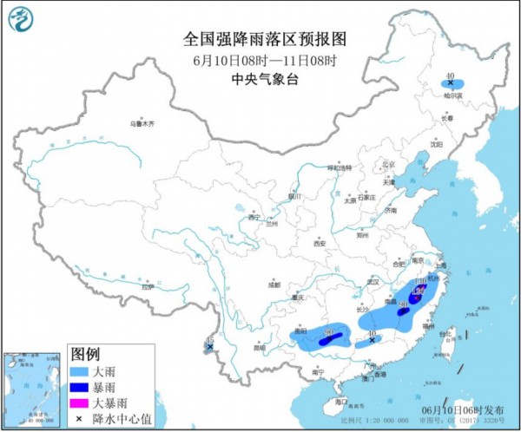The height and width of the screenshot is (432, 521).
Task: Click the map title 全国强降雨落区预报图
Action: pyautogui.click(x=266, y=39)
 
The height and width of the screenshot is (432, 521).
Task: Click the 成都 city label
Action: pyautogui.click(x=274, y=283)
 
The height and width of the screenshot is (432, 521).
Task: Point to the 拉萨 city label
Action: pyautogui.click(x=148, y=286)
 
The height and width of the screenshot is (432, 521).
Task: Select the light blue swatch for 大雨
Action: pyautogui.click(x=80, y=371)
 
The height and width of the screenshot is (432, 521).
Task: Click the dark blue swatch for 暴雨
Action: pyautogui.click(x=80, y=387)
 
